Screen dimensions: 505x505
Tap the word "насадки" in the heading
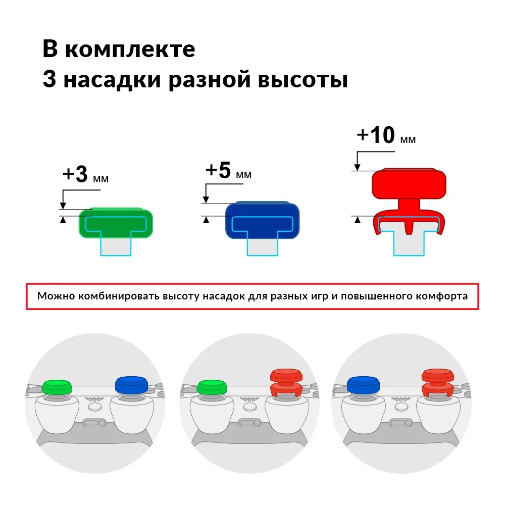(x=112, y=80)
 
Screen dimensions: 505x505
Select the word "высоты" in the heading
(x=302, y=80)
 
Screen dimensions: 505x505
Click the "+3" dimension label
(x=75, y=174)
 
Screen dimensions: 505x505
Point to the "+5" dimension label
(x=218, y=170)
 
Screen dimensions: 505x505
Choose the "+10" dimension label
(x=376, y=135)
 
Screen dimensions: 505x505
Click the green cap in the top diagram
(x=116, y=223)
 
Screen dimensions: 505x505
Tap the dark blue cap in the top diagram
(x=262, y=220)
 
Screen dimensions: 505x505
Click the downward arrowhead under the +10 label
(x=357, y=167)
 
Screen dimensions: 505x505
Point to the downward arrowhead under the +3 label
(x=63, y=206)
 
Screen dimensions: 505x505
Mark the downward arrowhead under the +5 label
(x=206, y=199)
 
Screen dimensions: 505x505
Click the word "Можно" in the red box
(x=56, y=295)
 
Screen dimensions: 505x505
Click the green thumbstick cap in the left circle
(x=57, y=387)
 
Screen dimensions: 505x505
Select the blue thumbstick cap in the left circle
(x=131, y=385)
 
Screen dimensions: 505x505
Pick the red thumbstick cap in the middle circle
(x=286, y=382)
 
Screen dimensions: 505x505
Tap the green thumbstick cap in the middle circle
(x=212, y=387)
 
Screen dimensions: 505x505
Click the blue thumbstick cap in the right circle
(x=363, y=385)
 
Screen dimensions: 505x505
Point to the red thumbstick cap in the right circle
(x=438, y=382)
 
